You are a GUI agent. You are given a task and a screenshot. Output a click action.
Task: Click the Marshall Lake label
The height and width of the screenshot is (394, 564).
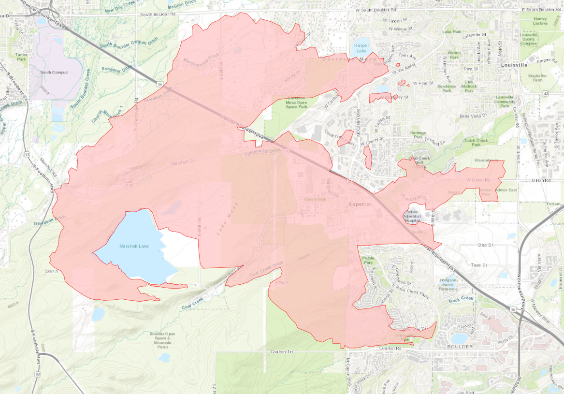click(x=134, y=246)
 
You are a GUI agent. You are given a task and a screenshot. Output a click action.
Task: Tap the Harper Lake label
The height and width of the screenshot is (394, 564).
click(x=362, y=48)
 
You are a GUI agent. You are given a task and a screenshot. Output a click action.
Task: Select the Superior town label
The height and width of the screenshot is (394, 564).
click(x=361, y=204)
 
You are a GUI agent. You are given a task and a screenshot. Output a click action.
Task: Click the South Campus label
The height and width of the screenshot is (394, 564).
click(x=54, y=73)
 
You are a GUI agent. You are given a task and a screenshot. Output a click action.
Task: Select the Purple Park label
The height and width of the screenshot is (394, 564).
click(x=368, y=261)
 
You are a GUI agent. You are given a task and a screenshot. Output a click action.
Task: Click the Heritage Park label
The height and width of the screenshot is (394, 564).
click(x=418, y=135)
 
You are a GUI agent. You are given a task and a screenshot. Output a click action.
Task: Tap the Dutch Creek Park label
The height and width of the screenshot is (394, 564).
click(x=476, y=143)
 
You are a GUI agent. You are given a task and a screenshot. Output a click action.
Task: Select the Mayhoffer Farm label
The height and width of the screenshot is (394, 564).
click(x=537, y=78)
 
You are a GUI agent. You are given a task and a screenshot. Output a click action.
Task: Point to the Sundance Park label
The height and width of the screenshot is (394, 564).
click(x=446, y=88)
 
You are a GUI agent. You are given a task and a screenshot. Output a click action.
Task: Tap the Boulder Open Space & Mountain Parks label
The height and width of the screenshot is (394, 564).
click(x=163, y=340)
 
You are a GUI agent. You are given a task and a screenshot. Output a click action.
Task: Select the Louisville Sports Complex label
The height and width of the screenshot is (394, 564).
click(x=529, y=39)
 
